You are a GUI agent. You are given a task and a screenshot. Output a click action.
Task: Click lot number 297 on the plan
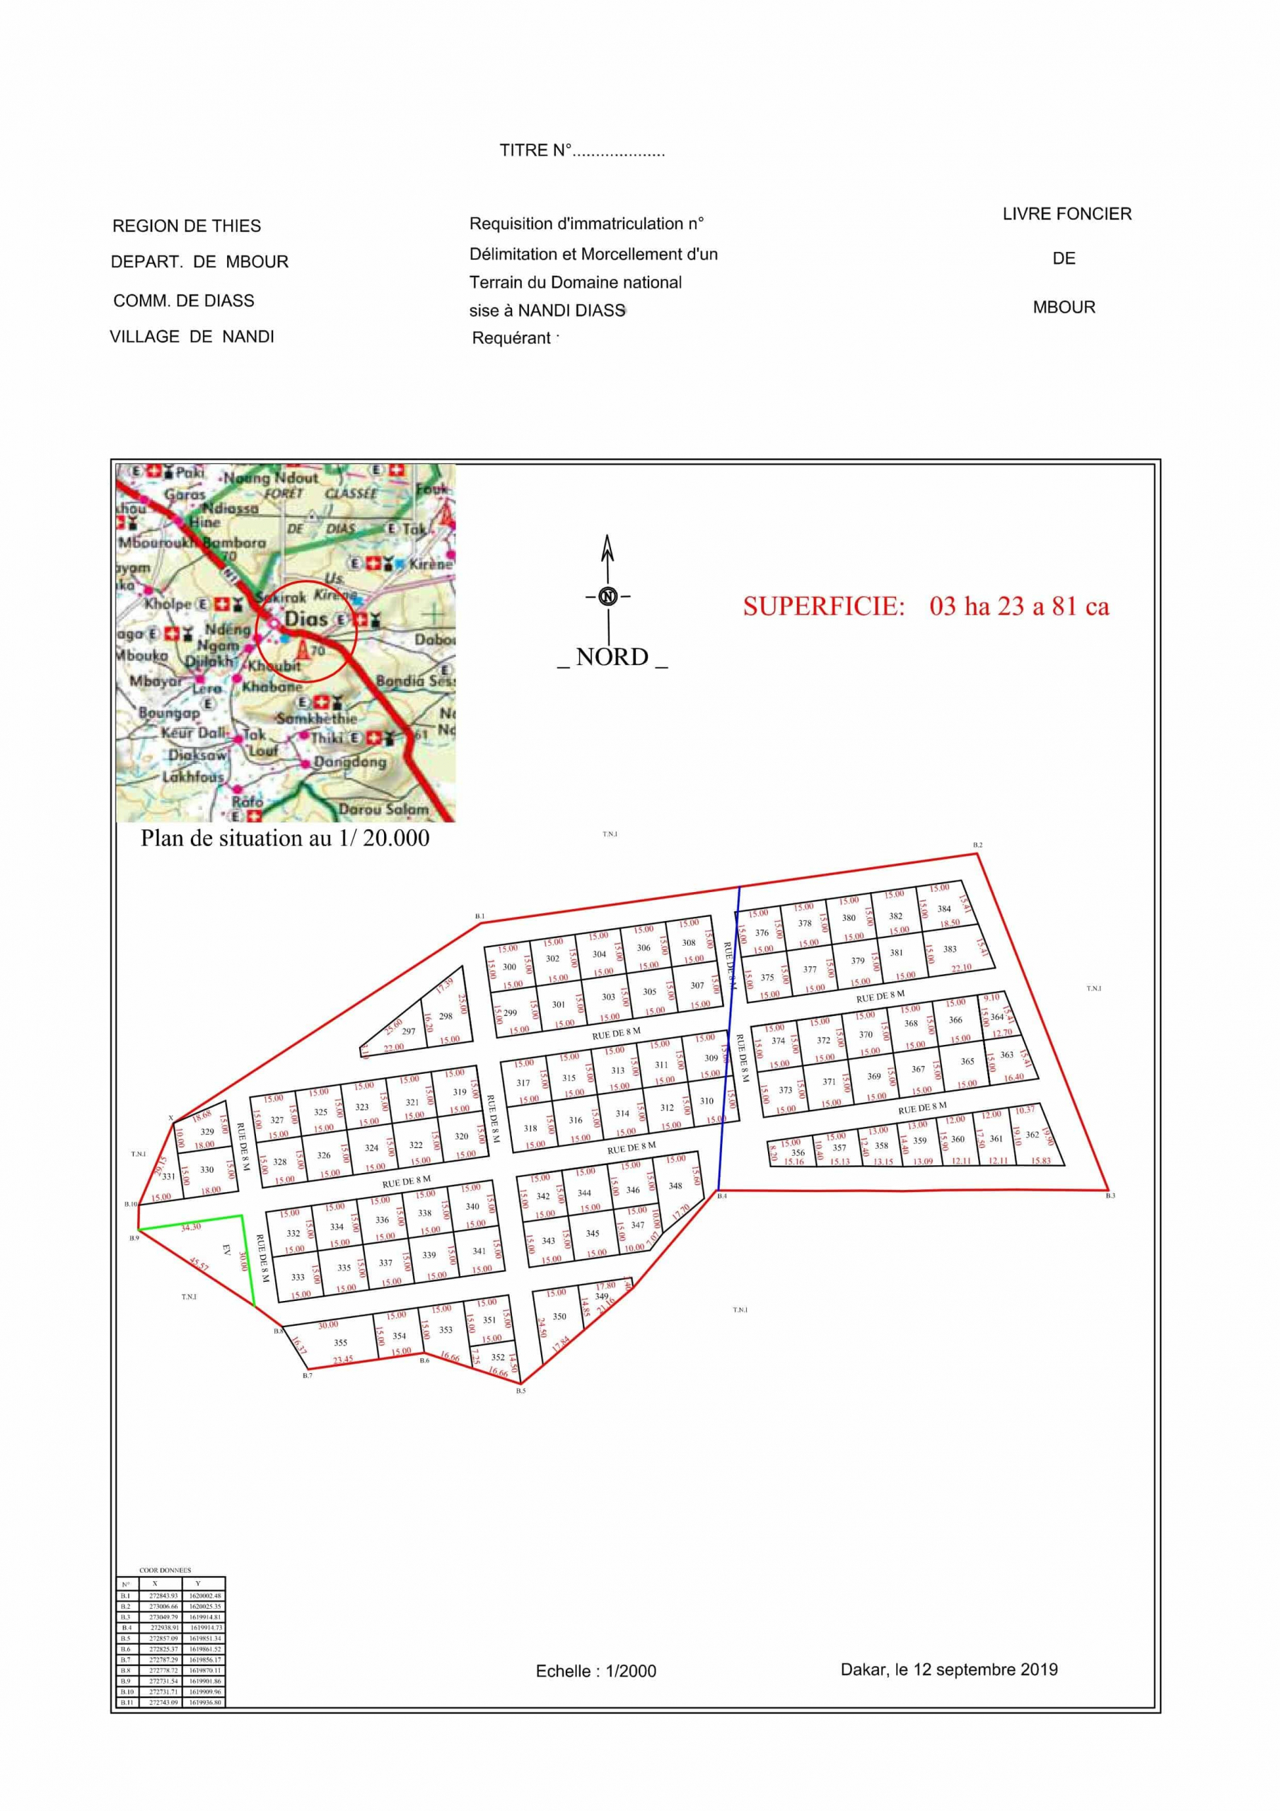coord(409,1031)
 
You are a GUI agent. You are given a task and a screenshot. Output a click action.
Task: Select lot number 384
coord(944,908)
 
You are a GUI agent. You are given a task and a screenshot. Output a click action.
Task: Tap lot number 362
coord(1032,1134)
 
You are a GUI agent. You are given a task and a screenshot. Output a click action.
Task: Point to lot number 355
coord(341,1343)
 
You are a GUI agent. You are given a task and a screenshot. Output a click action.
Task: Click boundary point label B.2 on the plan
coord(977,845)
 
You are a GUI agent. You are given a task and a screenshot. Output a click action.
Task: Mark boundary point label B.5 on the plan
coord(520,1391)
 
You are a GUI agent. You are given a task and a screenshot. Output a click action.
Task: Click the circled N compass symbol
coord(607,596)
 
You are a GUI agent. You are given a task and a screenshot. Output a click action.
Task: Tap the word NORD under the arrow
coord(612,657)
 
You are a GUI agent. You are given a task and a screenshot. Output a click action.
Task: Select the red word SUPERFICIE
coord(823,606)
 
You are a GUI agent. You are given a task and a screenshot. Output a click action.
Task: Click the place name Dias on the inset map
coord(306,619)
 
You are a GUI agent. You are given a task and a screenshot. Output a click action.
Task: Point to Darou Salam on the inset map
coord(383,809)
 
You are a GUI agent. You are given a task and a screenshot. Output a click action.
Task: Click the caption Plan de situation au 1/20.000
coord(285,838)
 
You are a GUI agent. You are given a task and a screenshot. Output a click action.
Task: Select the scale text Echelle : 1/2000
coord(595,1671)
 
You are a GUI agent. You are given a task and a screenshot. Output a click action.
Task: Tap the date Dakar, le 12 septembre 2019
coord(949,1669)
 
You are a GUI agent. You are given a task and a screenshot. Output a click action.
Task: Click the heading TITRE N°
coord(582,151)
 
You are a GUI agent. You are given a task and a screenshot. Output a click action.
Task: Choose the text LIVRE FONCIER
coord(1066,214)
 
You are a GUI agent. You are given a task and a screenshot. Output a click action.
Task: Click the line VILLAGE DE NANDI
coord(192,337)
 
